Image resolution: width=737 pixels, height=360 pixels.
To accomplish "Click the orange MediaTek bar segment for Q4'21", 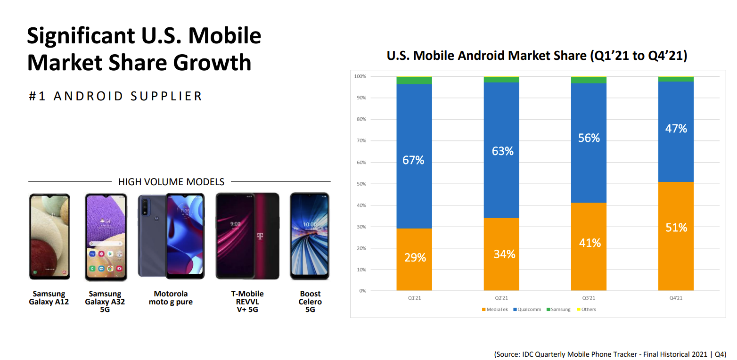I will pos(676,245).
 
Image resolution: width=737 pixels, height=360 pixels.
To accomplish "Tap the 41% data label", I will pos(590,243).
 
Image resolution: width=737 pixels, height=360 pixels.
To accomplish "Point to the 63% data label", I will pos(503,151).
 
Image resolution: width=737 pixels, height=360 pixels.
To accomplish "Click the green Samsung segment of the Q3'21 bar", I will pos(589,80).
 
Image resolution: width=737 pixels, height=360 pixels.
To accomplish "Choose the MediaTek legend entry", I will pos(495,310).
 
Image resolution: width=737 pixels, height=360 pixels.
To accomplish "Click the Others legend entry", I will pos(587,310).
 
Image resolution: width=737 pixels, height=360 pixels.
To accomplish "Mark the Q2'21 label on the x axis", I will pos(501,298).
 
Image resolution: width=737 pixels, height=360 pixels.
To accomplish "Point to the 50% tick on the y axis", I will pos(360,184).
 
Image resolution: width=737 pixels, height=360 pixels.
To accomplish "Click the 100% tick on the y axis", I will pos(360,76).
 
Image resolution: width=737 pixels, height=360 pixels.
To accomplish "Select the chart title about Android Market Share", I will pos(537,56).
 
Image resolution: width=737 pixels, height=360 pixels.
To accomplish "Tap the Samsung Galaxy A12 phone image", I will pos(49,236).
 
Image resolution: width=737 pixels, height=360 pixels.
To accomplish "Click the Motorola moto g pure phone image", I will pos(171,236).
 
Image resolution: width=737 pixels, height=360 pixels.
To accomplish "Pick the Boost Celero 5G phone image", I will pos(310,236).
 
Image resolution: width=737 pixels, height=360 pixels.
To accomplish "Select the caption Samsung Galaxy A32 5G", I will pos(105,302).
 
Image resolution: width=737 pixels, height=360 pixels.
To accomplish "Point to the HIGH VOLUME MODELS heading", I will pos(171,182).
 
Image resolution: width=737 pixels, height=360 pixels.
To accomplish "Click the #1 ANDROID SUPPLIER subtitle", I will pos(115,96).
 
